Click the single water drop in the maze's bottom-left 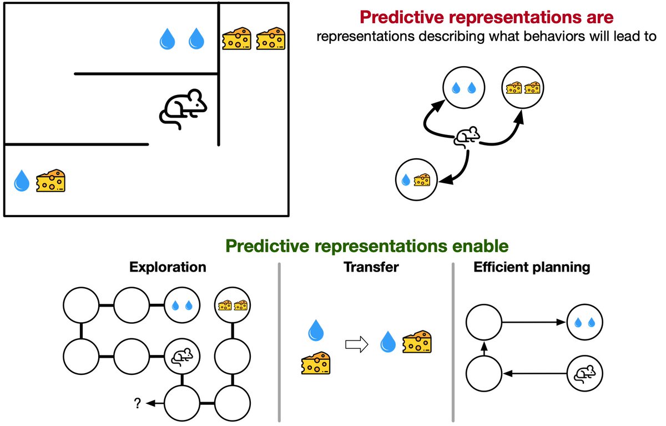click(21, 181)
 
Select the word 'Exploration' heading click(168, 267)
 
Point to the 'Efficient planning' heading click(532, 267)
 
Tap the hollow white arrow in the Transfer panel click(357, 345)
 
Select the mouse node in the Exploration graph click(182, 356)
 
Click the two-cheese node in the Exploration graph click(232, 305)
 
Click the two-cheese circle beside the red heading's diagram click(522, 88)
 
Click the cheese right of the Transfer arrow click(417, 342)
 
